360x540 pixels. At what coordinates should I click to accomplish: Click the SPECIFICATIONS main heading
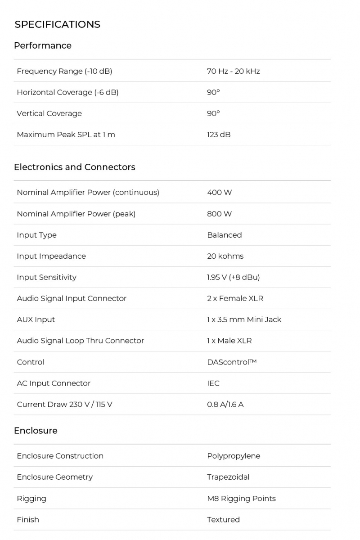click(57, 24)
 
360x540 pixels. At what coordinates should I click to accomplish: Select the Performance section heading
click(42, 45)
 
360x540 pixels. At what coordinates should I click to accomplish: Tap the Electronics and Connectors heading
click(74, 167)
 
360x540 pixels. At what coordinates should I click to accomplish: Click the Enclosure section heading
click(36, 431)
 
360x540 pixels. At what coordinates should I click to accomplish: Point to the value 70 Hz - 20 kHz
click(233, 71)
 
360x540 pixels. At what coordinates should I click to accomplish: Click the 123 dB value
click(219, 135)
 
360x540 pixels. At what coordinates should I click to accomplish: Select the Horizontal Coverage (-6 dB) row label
click(67, 92)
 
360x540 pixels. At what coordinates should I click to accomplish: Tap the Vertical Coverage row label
click(49, 113)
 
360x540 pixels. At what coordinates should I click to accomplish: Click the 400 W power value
click(219, 193)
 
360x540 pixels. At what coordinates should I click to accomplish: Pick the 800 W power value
click(219, 214)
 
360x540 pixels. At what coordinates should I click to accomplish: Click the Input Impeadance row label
click(51, 256)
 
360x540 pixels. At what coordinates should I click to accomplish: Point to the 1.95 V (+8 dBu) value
click(233, 277)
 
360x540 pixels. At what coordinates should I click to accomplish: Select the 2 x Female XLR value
click(235, 298)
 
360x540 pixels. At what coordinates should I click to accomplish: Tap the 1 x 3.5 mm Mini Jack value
click(244, 319)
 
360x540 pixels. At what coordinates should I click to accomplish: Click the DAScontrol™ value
click(231, 362)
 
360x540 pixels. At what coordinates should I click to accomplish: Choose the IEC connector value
click(213, 383)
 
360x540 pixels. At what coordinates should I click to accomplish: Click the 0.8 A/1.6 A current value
click(225, 405)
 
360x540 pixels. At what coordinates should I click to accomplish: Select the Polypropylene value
click(234, 456)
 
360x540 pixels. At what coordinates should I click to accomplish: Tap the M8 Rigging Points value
click(241, 499)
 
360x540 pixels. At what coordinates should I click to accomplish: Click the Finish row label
click(28, 520)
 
